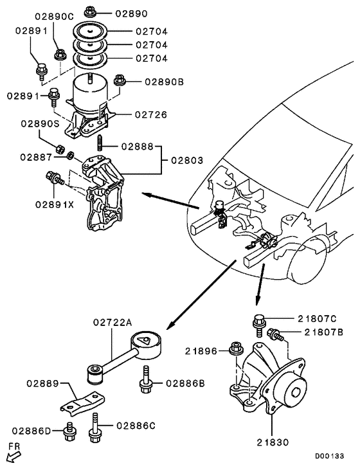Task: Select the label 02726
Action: pyautogui.click(x=151, y=115)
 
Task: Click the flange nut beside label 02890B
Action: pyautogui.click(x=119, y=80)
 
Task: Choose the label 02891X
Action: pyautogui.click(x=53, y=204)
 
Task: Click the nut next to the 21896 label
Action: pyautogui.click(x=235, y=350)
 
